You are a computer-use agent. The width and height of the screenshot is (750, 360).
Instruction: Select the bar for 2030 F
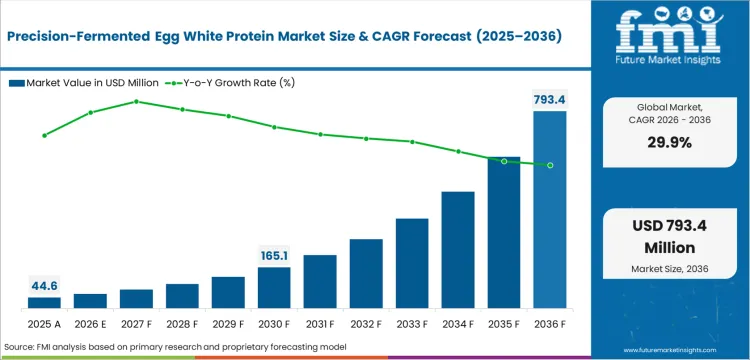(x=274, y=287)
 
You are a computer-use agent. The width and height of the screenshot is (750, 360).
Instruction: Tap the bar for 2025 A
(x=44, y=302)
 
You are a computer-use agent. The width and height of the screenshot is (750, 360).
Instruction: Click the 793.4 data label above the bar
(x=550, y=99)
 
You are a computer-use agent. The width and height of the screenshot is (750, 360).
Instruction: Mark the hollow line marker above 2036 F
(x=550, y=165)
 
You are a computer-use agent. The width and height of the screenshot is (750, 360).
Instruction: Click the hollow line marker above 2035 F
(x=504, y=161)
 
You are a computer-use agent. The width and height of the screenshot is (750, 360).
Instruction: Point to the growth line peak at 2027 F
(x=136, y=101)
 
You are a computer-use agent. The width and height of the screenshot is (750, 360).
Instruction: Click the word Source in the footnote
(x=21, y=346)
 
